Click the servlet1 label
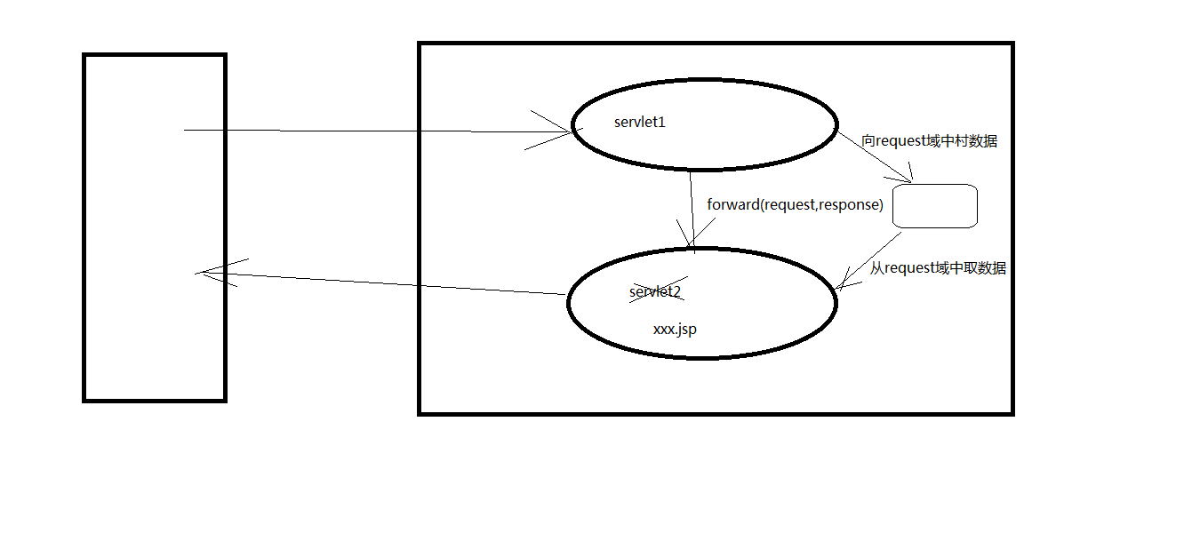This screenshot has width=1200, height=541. (x=640, y=123)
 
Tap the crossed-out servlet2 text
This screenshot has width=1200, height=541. (x=655, y=291)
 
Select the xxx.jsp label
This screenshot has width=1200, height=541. (x=675, y=329)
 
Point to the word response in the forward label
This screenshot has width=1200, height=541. (x=851, y=204)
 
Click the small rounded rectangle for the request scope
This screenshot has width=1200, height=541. (x=934, y=206)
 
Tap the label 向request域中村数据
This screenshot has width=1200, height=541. (x=929, y=141)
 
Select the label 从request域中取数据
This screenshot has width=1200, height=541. (x=938, y=268)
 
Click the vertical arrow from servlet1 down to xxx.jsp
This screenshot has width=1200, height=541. (x=692, y=209)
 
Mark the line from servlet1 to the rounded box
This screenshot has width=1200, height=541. (x=876, y=156)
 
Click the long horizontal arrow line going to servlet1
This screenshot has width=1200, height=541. (x=373, y=131)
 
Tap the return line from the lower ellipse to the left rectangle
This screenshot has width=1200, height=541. (x=382, y=282)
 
